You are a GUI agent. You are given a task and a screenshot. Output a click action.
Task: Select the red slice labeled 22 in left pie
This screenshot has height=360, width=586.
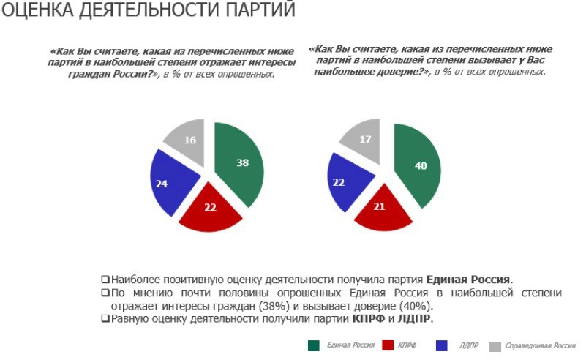coord(210,209)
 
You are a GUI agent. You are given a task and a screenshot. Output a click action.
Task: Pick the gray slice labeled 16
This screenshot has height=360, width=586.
coord(188,140)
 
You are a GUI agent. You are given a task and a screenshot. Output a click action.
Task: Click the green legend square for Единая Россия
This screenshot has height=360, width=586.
coord(314,345)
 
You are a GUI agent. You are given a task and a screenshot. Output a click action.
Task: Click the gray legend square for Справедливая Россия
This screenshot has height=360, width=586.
coord(495,345)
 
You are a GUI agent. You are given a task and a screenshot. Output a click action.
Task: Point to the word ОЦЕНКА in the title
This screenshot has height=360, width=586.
coord(32,11)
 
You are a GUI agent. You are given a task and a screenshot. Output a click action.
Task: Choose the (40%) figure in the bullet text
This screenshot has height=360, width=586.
coord(416,306)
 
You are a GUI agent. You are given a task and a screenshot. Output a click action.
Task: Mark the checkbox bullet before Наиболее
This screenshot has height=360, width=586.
coord(105,280)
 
